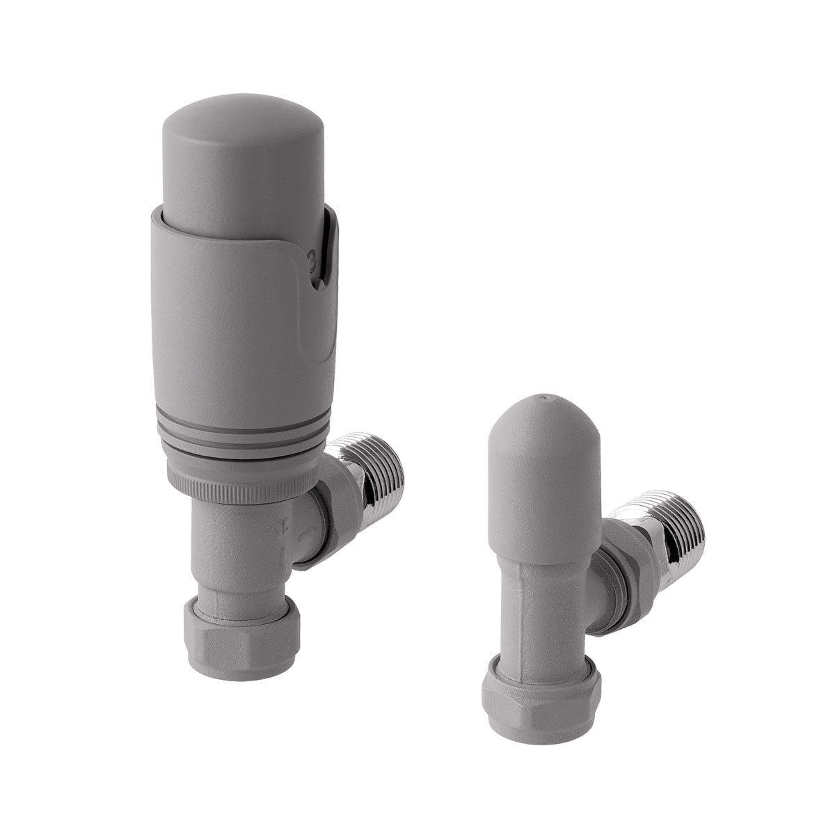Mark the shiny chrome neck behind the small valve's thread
(x=651, y=550)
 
